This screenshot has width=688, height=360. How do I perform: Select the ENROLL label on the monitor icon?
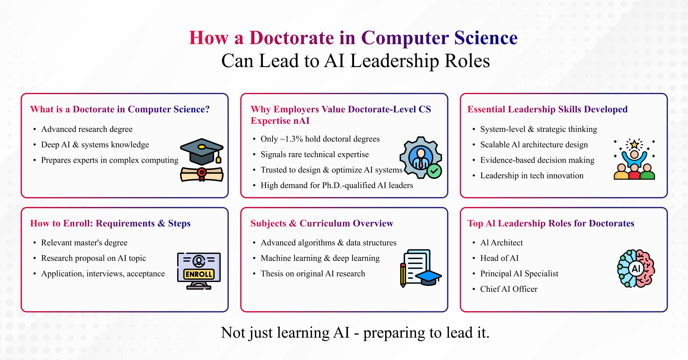coord(199,274)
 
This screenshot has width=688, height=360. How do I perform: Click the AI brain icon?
coord(636,269)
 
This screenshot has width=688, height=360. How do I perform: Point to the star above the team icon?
coord(634,144)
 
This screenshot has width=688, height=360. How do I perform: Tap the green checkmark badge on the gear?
coord(434,171)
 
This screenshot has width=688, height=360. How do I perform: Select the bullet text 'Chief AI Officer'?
coord(509,289)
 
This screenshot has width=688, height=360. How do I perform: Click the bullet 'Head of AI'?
coord(499,258)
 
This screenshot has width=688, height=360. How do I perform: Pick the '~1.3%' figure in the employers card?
coord(291,139)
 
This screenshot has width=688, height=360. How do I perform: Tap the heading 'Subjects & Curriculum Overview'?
coord(322,223)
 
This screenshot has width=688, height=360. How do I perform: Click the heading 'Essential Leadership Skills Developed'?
coord(547,109)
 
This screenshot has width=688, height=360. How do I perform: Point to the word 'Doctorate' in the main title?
coord(292,38)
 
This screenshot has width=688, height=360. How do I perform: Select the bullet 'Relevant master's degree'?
coord(84,242)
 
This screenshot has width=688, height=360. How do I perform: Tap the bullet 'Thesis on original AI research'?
coord(313,273)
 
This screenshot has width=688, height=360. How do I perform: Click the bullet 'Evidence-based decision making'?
coord(537,160)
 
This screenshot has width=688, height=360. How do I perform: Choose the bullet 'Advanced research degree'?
coord(87,129)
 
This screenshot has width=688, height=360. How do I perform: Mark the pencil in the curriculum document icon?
coord(403,275)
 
